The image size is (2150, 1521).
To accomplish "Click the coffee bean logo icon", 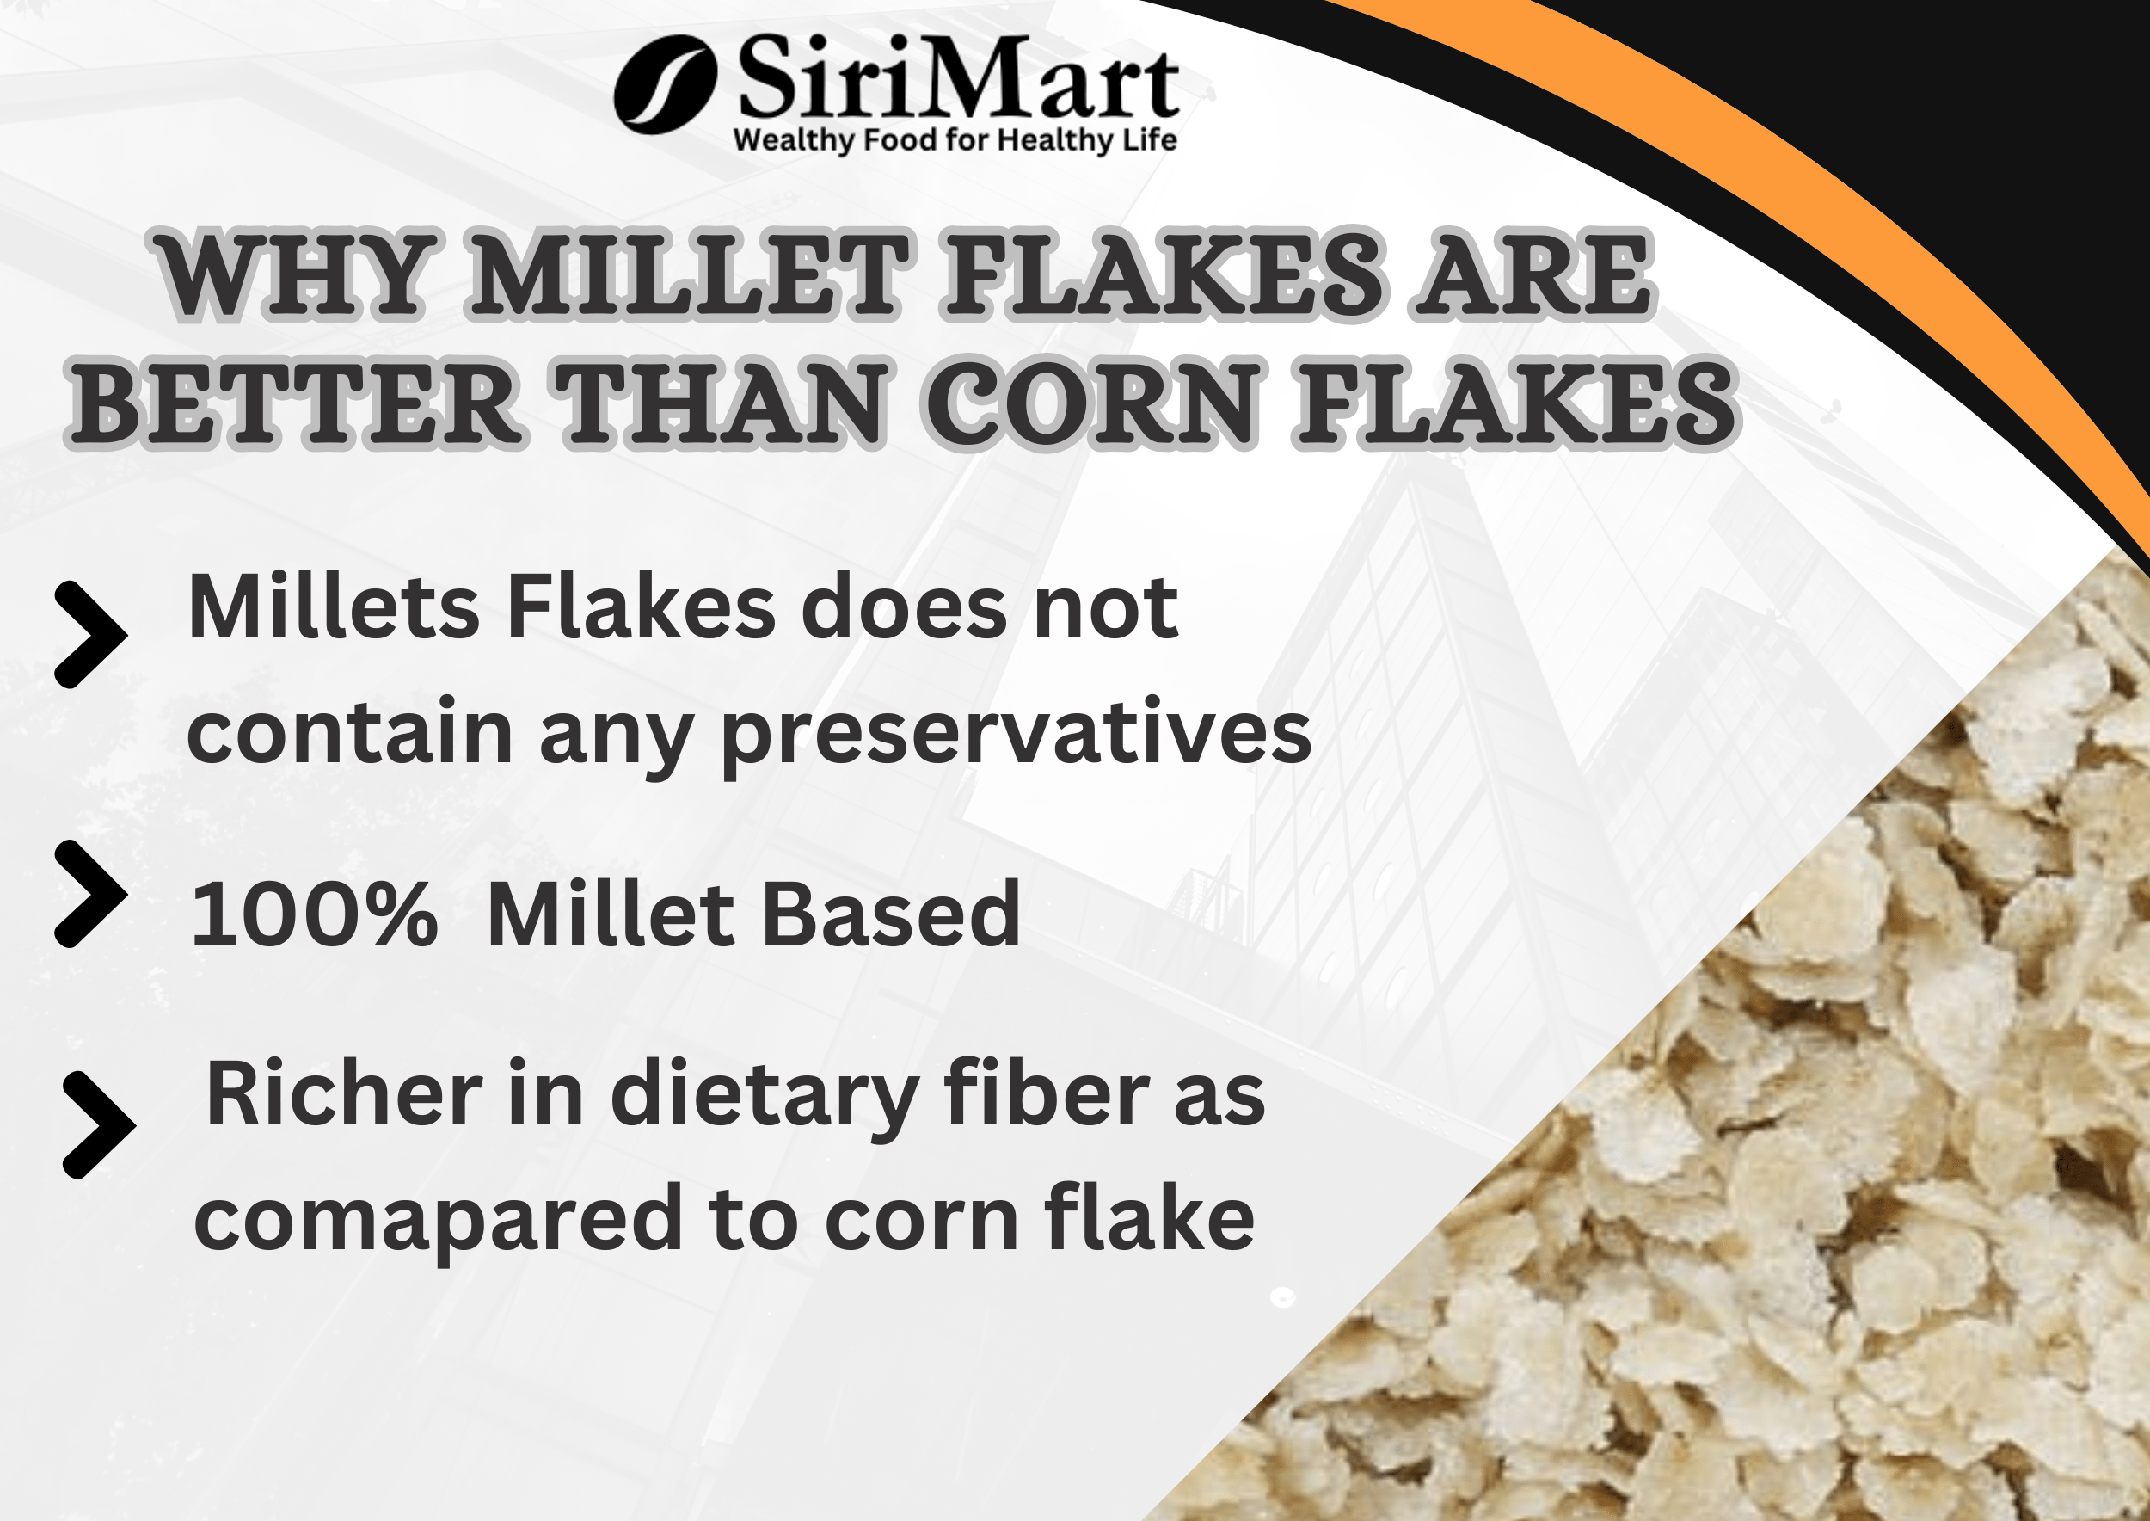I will click(665, 84).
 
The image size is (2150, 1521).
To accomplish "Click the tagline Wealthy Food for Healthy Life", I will click(955, 140).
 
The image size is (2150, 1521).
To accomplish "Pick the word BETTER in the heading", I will click(295, 404).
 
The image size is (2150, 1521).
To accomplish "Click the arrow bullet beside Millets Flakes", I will click(90, 635).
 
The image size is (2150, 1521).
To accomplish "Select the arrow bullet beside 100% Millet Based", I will click(90, 894).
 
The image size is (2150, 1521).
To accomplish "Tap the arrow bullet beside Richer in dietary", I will click(98, 1124).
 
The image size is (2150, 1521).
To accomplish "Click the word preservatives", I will click(1015, 735).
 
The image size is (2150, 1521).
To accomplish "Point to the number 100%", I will click(314, 915).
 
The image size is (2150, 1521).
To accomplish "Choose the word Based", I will click(889, 915).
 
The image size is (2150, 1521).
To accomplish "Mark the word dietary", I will click(763, 1096).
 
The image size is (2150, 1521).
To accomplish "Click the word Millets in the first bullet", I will click(334, 609).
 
